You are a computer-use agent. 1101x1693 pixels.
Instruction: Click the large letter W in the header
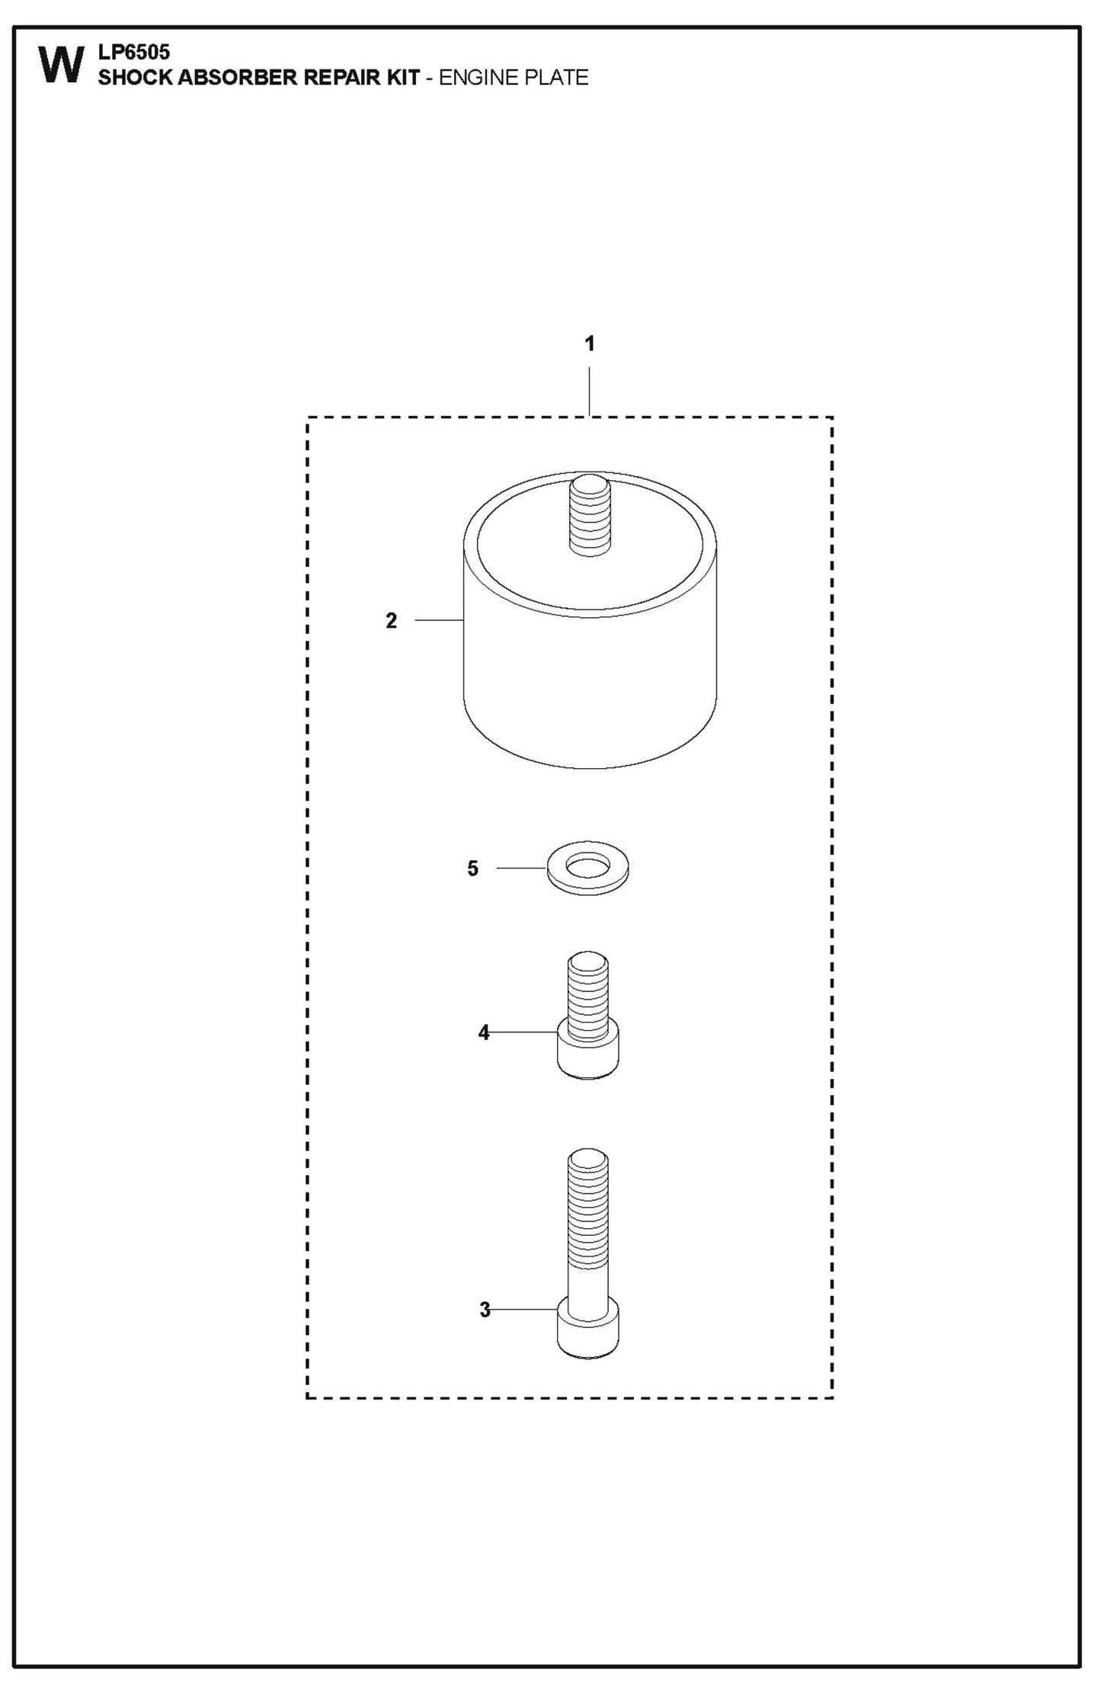click(60, 66)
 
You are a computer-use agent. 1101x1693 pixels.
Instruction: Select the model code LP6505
click(134, 53)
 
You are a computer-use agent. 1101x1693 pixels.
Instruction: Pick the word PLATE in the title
click(554, 78)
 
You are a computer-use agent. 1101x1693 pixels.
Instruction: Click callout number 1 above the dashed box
click(589, 344)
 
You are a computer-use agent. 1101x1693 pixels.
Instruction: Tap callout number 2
click(391, 621)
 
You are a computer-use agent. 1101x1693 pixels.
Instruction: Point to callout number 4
click(484, 1032)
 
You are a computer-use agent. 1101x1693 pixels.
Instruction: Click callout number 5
click(472, 869)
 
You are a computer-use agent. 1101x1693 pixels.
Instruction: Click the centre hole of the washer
click(588, 866)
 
